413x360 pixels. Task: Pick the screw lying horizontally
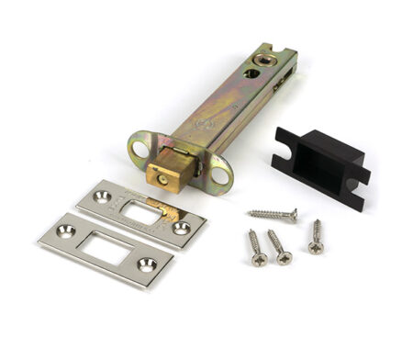[272, 214]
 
